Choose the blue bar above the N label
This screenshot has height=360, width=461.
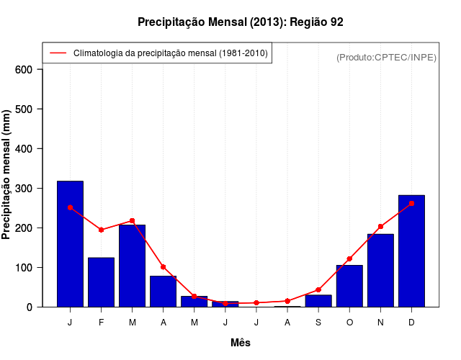coord(380,270)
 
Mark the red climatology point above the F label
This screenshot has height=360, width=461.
coord(101,230)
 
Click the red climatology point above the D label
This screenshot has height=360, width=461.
coord(411,203)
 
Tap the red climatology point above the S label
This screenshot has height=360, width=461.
coord(318,289)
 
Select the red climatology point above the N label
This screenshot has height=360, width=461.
coord(380,226)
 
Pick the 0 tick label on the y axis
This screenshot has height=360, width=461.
coord(30,307)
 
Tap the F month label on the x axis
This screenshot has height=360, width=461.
coord(101,323)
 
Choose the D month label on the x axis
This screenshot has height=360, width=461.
coord(411,323)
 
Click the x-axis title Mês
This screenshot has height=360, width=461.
coord(240,343)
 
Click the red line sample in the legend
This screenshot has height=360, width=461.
coord(58,53)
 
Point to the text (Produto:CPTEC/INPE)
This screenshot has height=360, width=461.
coord(386,57)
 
